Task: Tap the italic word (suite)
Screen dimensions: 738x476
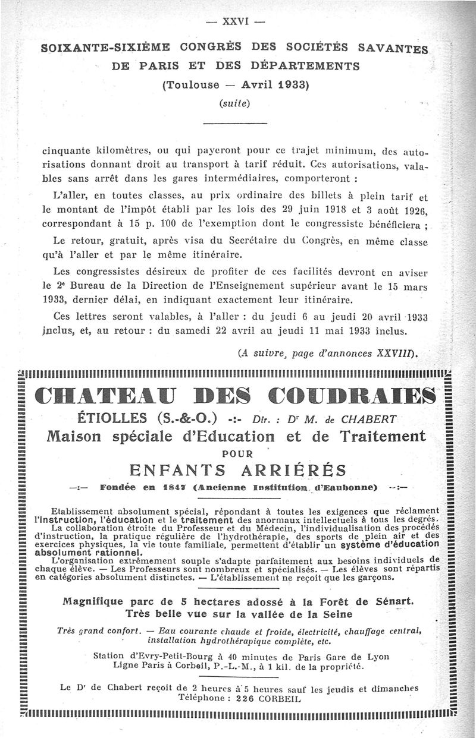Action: click(234, 103)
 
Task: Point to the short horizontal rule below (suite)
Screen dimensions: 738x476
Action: click(234, 123)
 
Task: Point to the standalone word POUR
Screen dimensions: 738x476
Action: click(236, 453)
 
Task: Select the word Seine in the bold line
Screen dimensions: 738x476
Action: click(337, 614)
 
